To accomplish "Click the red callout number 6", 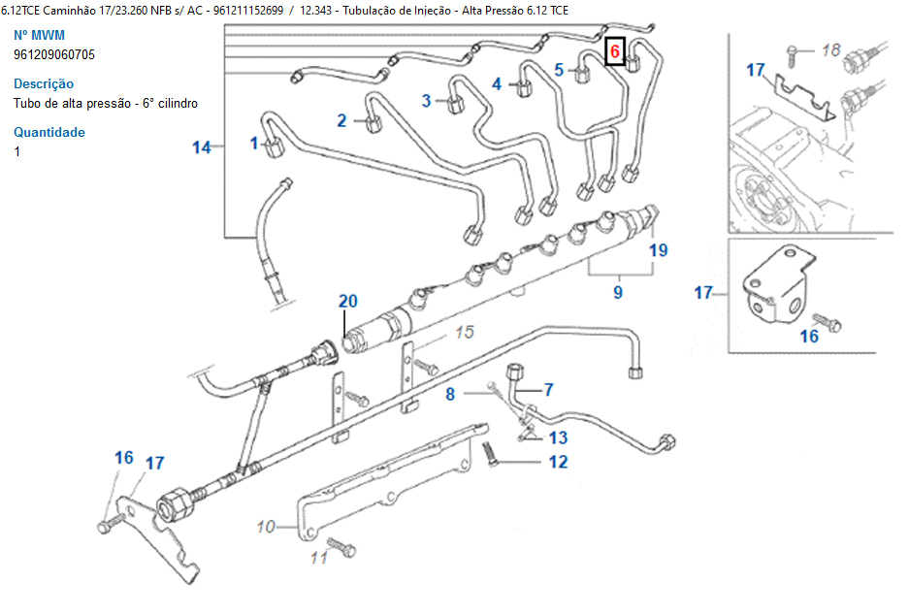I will (x=614, y=49).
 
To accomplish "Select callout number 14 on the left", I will (x=201, y=147).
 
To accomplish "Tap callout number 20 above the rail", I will (x=348, y=301).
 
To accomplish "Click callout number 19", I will (x=659, y=249).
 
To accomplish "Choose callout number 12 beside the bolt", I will (x=558, y=462).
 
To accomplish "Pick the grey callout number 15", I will (x=465, y=333).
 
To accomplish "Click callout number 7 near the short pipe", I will (x=548, y=390).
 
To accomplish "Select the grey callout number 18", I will (x=830, y=49).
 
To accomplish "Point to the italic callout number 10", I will (x=267, y=528).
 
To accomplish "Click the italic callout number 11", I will (x=319, y=557).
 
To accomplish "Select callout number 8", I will (x=450, y=394).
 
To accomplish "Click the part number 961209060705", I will (x=54, y=54).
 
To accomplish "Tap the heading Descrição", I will (x=44, y=83).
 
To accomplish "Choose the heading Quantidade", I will (x=49, y=132).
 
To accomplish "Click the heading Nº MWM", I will (x=40, y=35).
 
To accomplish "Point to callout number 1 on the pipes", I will (x=254, y=144).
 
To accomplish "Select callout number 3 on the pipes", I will (x=426, y=100).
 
